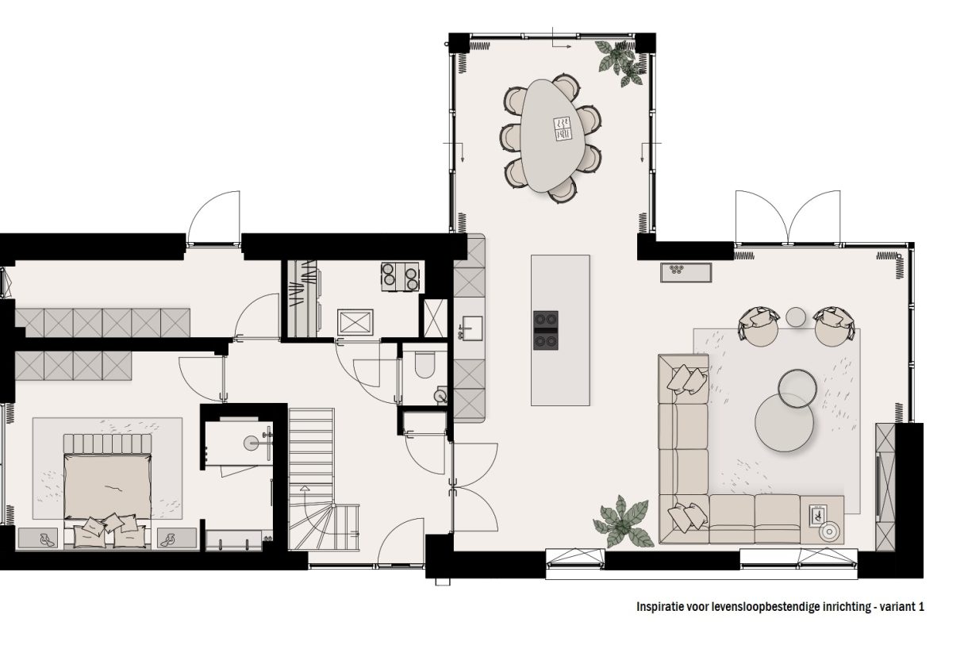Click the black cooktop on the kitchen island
click(x=545, y=329)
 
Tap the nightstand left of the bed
click(x=37, y=538)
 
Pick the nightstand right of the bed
click(x=176, y=538)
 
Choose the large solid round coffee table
click(x=784, y=423)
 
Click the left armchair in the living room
click(x=759, y=325)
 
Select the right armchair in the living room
click(x=831, y=325)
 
